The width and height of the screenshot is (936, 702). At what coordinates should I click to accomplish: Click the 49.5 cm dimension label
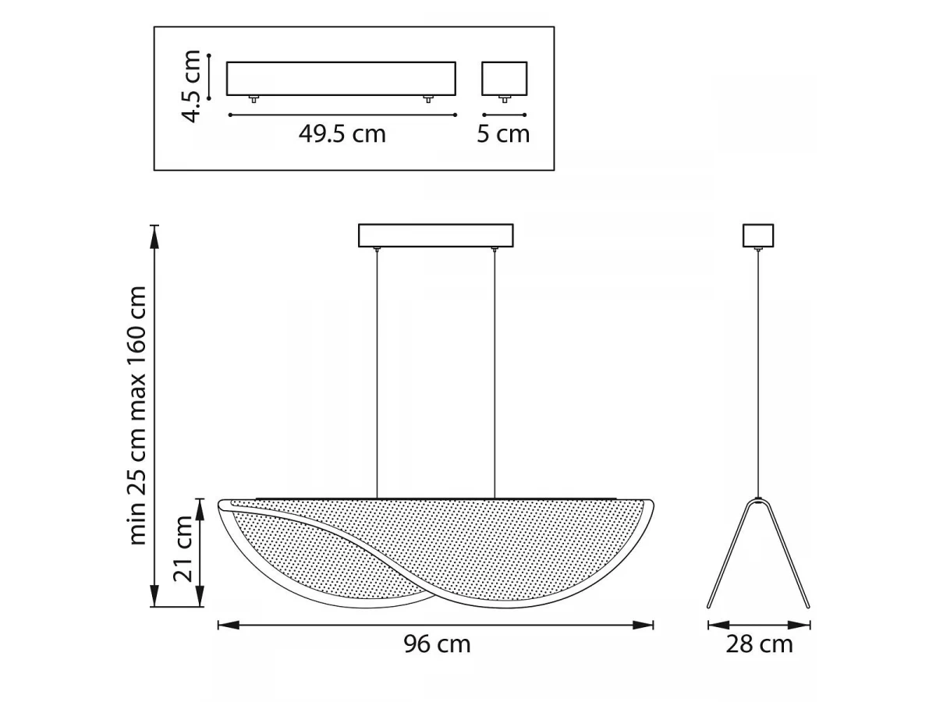pos(342,134)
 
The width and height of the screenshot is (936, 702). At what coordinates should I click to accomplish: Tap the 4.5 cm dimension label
pos(190,86)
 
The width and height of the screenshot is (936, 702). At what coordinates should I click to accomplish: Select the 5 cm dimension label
pos(503,134)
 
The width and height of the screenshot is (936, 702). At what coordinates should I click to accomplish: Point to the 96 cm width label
pos(437,644)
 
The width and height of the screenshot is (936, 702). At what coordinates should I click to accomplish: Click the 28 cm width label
pos(759,644)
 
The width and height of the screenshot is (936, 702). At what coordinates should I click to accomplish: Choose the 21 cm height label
pos(183,548)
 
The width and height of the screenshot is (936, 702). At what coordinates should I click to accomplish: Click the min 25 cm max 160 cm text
pos(137,416)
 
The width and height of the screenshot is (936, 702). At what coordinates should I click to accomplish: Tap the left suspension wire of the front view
pos(377,374)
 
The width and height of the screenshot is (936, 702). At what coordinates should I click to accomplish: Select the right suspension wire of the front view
pos(495,374)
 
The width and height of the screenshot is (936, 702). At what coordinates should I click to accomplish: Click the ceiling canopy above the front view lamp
pos(436,236)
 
